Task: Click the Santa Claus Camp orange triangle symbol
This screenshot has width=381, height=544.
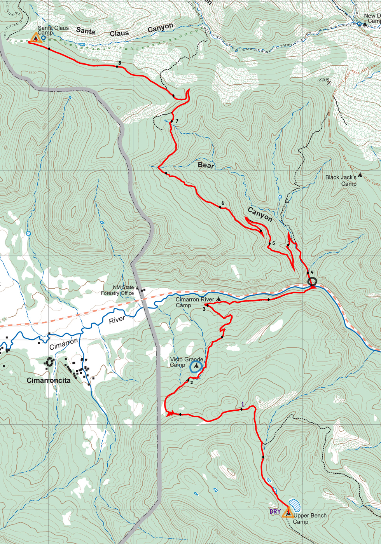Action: (x=36, y=38)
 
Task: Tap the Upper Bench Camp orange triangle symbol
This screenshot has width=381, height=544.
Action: (x=288, y=513)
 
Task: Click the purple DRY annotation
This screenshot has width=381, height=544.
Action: (x=275, y=511)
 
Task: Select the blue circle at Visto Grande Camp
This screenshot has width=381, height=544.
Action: (x=196, y=366)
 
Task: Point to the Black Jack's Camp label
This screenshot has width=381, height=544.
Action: (x=341, y=180)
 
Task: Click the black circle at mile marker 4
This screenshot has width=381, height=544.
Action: (x=312, y=282)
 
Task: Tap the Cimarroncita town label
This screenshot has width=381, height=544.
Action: (x=49, y=380)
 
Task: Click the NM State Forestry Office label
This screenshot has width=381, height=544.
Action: (x=118, y=290)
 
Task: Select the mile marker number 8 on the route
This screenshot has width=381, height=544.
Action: (x=120, y=63)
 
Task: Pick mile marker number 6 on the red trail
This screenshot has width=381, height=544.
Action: (x=223, y=203)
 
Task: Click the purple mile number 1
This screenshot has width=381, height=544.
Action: (x=243, y=405)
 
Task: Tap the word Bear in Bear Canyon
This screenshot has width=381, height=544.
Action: (x=206, y=165)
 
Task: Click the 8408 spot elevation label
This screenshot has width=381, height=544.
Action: (x=324, y=80)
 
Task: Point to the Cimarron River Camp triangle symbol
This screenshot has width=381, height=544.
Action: (x=218, y=299)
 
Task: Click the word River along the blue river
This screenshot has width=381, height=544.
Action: (x=117, y=320)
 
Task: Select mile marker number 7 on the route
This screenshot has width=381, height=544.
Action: (x=177, y=121)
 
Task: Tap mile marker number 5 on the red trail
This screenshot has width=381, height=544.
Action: (x=274, y=243)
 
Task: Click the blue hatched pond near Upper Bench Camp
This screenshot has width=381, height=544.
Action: (x=295, y=505)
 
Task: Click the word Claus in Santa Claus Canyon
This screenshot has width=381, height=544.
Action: (x=119, y=33)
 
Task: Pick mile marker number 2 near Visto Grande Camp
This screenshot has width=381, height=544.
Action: (x=191, y=382)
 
